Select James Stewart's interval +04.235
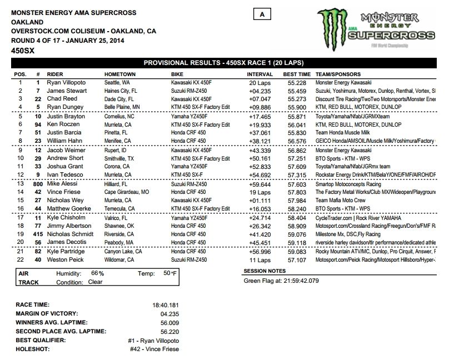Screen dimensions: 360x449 point(261,91)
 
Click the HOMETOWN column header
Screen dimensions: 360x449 point(119,74)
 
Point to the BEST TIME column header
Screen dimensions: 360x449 point(296,74)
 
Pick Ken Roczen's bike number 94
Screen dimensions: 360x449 point(38,126)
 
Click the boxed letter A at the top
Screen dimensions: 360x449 point(262,14)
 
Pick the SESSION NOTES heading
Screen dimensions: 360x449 point(266,271)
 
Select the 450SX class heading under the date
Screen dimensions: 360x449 point(20,51)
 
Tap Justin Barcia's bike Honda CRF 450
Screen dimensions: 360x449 point(189,134)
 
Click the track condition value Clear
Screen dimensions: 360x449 point(96,282)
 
